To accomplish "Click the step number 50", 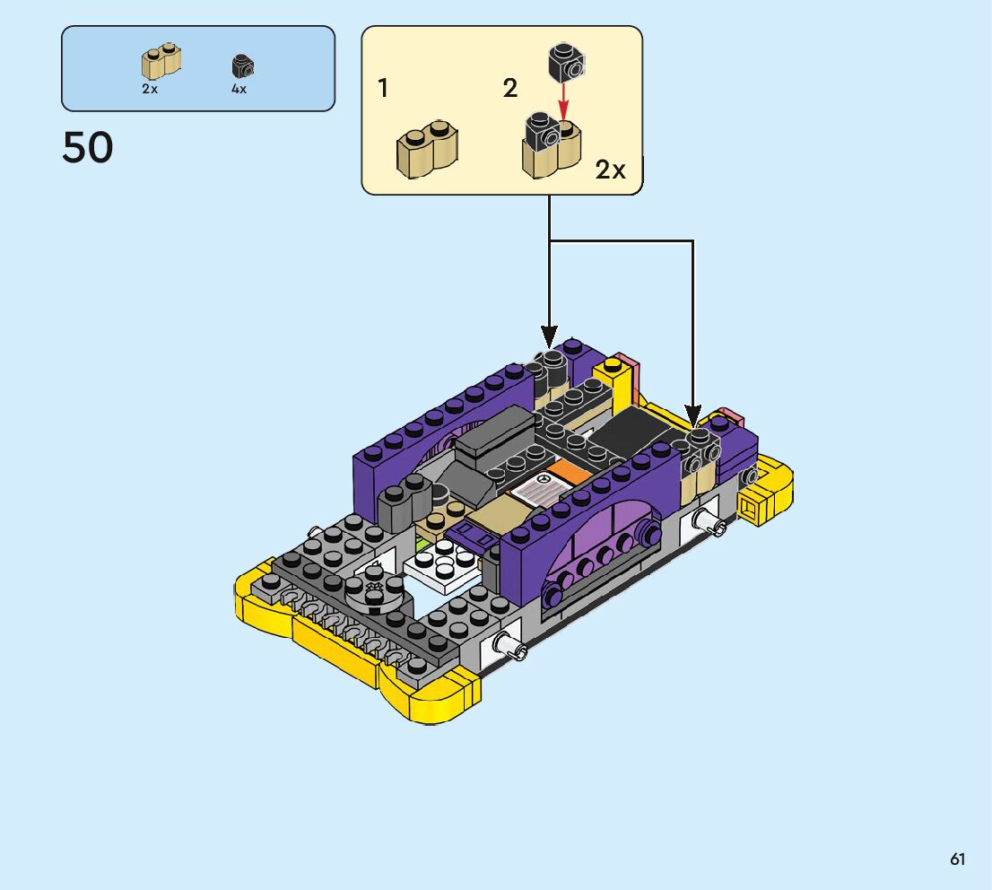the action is pyautogui.click(x=87, y=147).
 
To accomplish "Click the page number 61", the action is pyautogui.click(x=957, y=859).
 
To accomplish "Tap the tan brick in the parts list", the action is pyautogui.click(x=161, y=62).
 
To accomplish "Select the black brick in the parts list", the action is pyautogui.click(x=242, y=65).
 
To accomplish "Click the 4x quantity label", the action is pyautogui.click(x=239, y=89).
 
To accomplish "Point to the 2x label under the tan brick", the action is pyautogui.click(x=150, y=89).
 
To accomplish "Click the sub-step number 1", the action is pyautogui.click(x=383, y=88).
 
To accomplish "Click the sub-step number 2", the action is pyautogui.click(x=510, y=88).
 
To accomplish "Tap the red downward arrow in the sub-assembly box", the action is pyautogui.click(x=563, y=100).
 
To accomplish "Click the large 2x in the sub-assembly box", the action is pyautogui.click(x=610, y=170).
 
